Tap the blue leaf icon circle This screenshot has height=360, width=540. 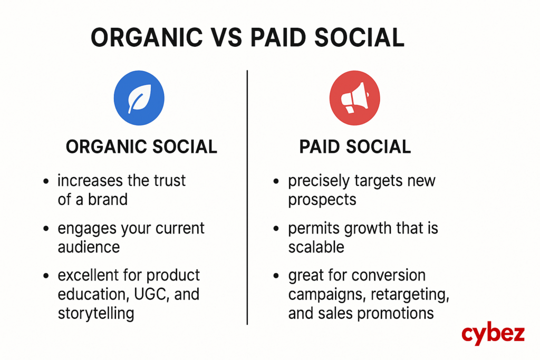click(x=139, y=98)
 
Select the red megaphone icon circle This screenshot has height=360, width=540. click(x=355, y=98)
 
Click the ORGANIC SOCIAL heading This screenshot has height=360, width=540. click(x=141, y=147)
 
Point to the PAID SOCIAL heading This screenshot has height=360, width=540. click(x=355, y=147)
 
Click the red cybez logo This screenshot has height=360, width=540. click(x=493, y=334)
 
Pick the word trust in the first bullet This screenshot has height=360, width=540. click(x=169, y=181)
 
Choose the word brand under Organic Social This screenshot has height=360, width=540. click(x=108, y=200)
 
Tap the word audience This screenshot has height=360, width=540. click(x=89, y=247)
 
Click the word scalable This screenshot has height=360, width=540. click(x=316, y=247)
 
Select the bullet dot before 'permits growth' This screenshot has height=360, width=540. click(x=276, y=229)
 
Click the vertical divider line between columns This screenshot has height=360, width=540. click(x=247, y=197)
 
